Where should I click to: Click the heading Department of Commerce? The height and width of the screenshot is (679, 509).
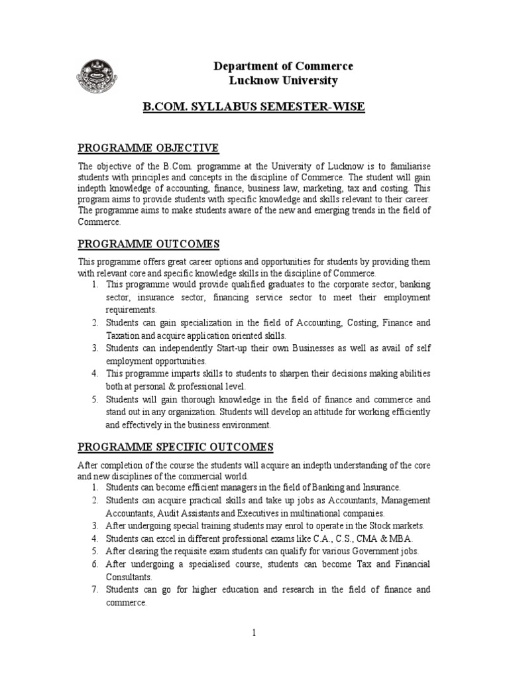click(283, 66)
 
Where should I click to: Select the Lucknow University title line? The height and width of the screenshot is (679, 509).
click(283, 81)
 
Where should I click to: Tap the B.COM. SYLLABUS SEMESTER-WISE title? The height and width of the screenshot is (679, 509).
click(255, 107)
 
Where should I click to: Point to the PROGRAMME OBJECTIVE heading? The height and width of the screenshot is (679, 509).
click(148, 147)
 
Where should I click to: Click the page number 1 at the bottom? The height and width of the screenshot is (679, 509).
click(254, 633)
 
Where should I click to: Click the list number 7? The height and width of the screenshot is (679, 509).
click(95, 589)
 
